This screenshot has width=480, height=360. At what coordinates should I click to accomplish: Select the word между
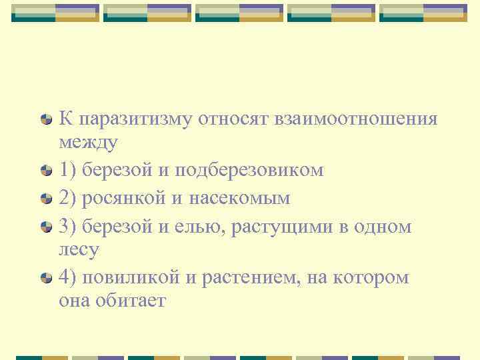[88, 142]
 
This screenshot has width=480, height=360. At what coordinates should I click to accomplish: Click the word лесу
[79, 250]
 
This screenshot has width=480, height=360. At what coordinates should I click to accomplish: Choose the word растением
[243, 277]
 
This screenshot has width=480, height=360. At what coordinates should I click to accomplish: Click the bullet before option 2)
[46, 199]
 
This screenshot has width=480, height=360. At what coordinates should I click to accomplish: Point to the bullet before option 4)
[46, 277]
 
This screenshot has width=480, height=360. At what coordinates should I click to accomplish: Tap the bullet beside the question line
[46, 119]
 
